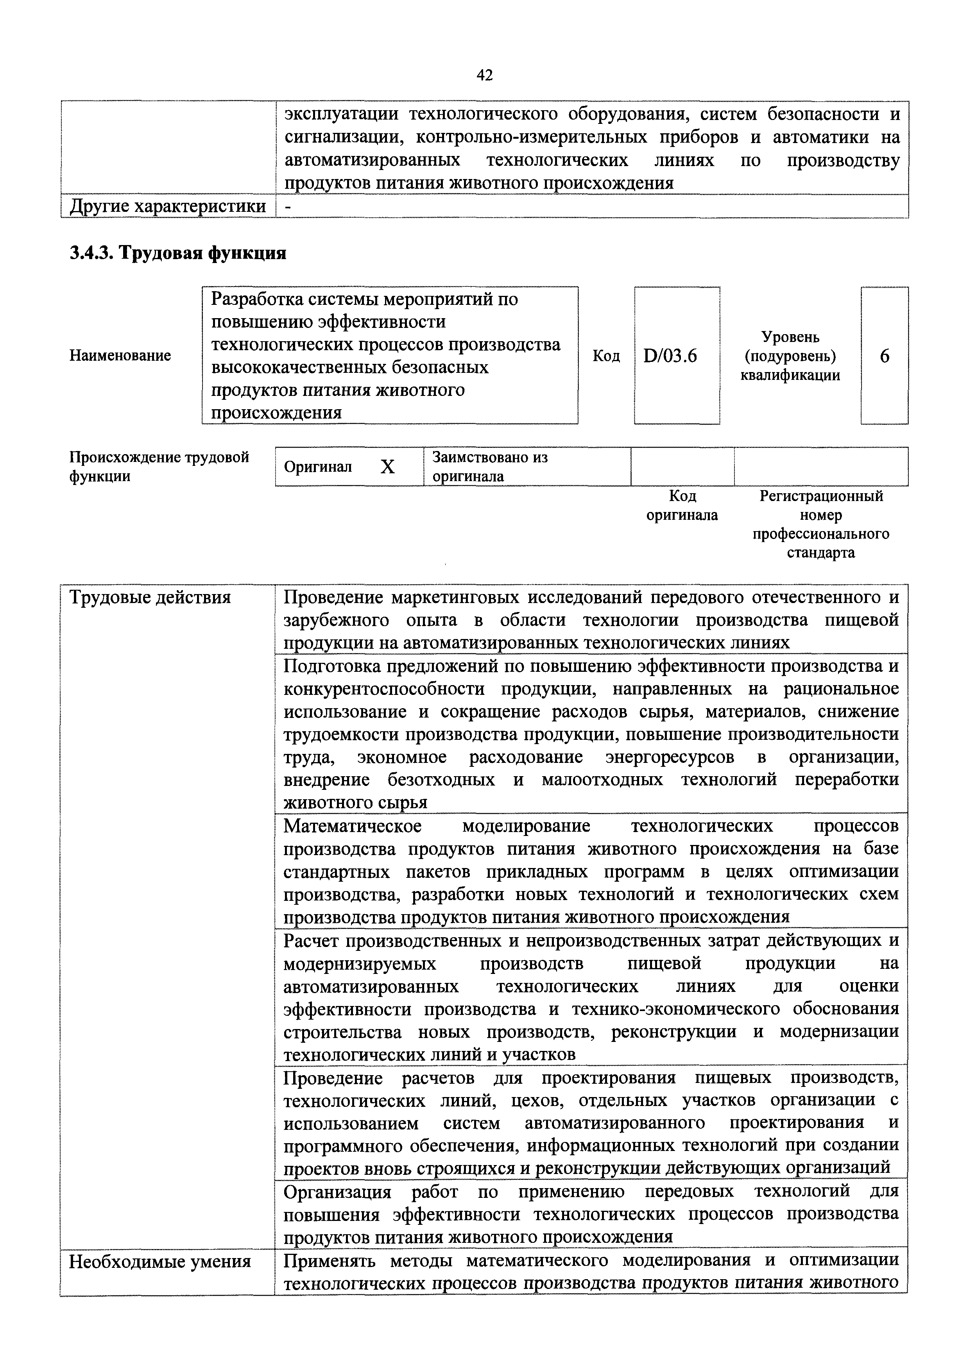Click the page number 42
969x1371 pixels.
(484, 75)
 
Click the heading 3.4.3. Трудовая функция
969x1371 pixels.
(178, 253)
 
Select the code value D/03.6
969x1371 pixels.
(670, 356)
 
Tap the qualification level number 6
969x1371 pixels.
(884, 356)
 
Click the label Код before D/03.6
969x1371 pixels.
(606, 356)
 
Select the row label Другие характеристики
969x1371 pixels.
(168, 207)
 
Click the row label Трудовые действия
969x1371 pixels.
(150, 598)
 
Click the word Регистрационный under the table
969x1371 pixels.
(821, 496)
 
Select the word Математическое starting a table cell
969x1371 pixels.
(352, 826)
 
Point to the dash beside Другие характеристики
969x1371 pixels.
(289, 207)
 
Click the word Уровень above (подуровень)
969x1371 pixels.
(790, 337)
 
